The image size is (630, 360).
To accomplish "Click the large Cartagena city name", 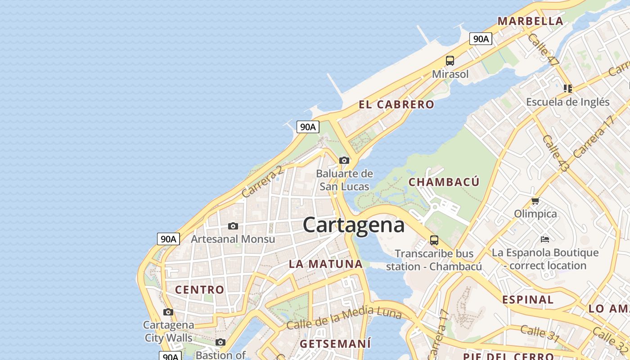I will pos(354,225).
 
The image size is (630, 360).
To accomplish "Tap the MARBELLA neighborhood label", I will pos(530,21).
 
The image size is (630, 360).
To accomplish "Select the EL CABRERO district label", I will pos(396,105).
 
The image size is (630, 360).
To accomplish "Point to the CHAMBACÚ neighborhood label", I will pos(444,182).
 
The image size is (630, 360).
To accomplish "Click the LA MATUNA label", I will pos(326,264).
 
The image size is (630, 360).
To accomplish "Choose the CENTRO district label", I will pos(199,290).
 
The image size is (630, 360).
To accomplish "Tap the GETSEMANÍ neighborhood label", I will pos(335,344).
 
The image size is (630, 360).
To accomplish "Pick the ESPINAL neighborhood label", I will pos(528,300).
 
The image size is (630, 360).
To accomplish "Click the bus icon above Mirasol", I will pos(450,61).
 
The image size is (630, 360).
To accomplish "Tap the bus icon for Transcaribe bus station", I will pos(434,240).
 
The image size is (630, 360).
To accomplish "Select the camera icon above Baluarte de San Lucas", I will pos(344,160).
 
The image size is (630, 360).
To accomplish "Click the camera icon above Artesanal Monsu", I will pos(233,226).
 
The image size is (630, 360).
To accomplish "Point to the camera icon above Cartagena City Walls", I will pos(168,312).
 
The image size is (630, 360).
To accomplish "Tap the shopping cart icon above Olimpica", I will pos(535,201).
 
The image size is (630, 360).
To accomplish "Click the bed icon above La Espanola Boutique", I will pos(545,239).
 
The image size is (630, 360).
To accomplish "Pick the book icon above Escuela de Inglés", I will pos(567,88).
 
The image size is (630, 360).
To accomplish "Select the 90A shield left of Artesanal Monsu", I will pos(168,239).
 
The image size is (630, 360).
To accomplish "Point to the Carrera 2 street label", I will pos(262,182).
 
